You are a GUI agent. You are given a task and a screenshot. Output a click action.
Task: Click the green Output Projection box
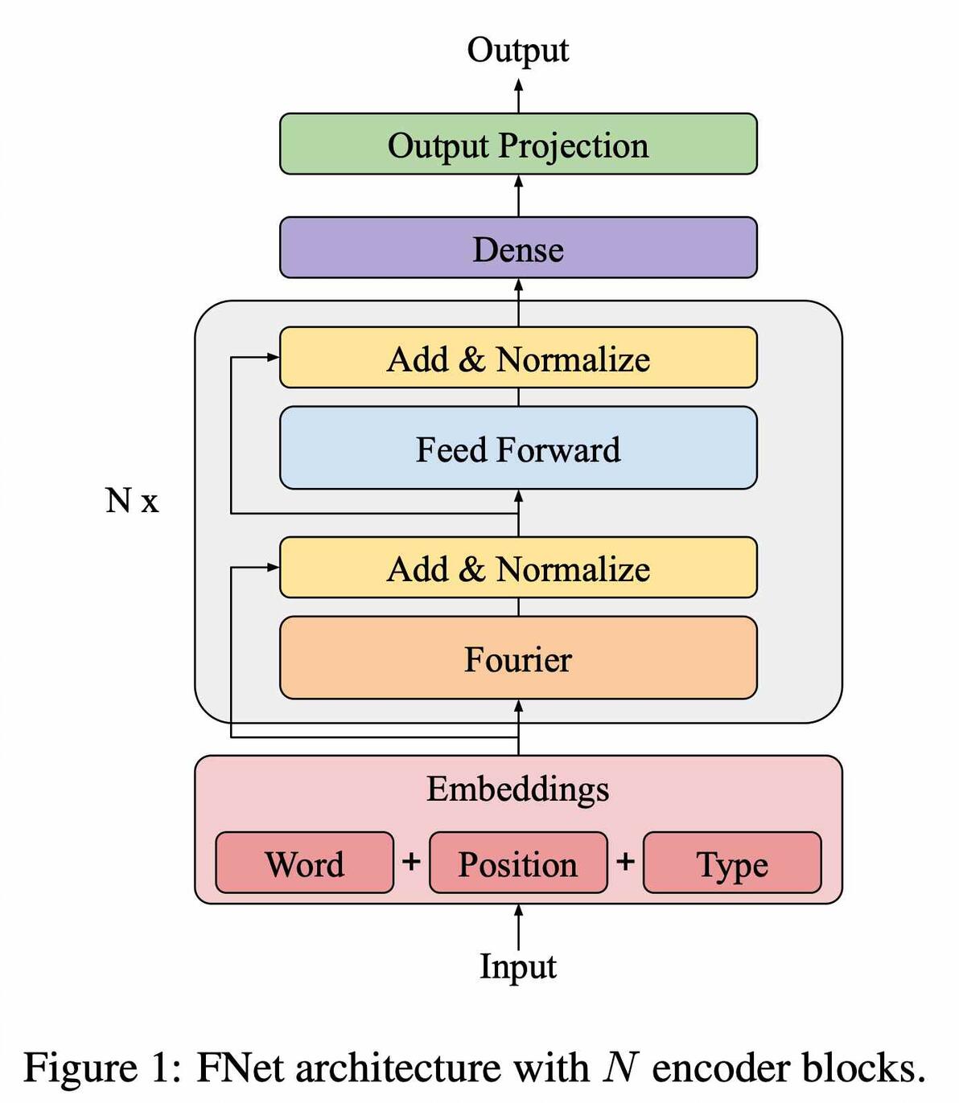tap(518, 145)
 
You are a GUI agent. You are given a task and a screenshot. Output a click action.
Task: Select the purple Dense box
tap(518, 248)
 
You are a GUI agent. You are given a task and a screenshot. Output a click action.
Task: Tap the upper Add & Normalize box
tap(518, 358)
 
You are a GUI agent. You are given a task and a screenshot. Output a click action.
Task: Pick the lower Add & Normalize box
tap(518, 568)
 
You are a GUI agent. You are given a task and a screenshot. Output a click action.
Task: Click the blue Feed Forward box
tap(518, 449)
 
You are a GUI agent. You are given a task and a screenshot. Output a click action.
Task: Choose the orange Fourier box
tap(518, 658)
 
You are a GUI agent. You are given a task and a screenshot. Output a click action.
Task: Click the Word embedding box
tap(304, 863)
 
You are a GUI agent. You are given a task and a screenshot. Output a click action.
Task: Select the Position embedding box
tap(518, 863)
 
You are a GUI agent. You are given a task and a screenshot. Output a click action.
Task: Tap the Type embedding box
tap(732, 863)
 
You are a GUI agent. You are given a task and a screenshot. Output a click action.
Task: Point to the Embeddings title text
tap(518, 788)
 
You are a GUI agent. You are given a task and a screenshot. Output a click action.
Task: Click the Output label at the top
tap(518, 50)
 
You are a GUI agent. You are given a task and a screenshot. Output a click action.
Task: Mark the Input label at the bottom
tap(518, 966)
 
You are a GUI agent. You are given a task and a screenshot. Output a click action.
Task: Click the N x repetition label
tap(132, 500)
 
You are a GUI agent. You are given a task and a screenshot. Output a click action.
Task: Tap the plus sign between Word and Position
tap(411, 861)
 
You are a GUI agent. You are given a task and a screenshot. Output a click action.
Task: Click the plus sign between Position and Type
tap(625, 861)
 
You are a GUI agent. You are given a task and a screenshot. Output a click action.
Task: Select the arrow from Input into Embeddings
tap(518, 926)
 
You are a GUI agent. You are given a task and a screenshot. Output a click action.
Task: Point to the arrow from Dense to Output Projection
tap(518, 195)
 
